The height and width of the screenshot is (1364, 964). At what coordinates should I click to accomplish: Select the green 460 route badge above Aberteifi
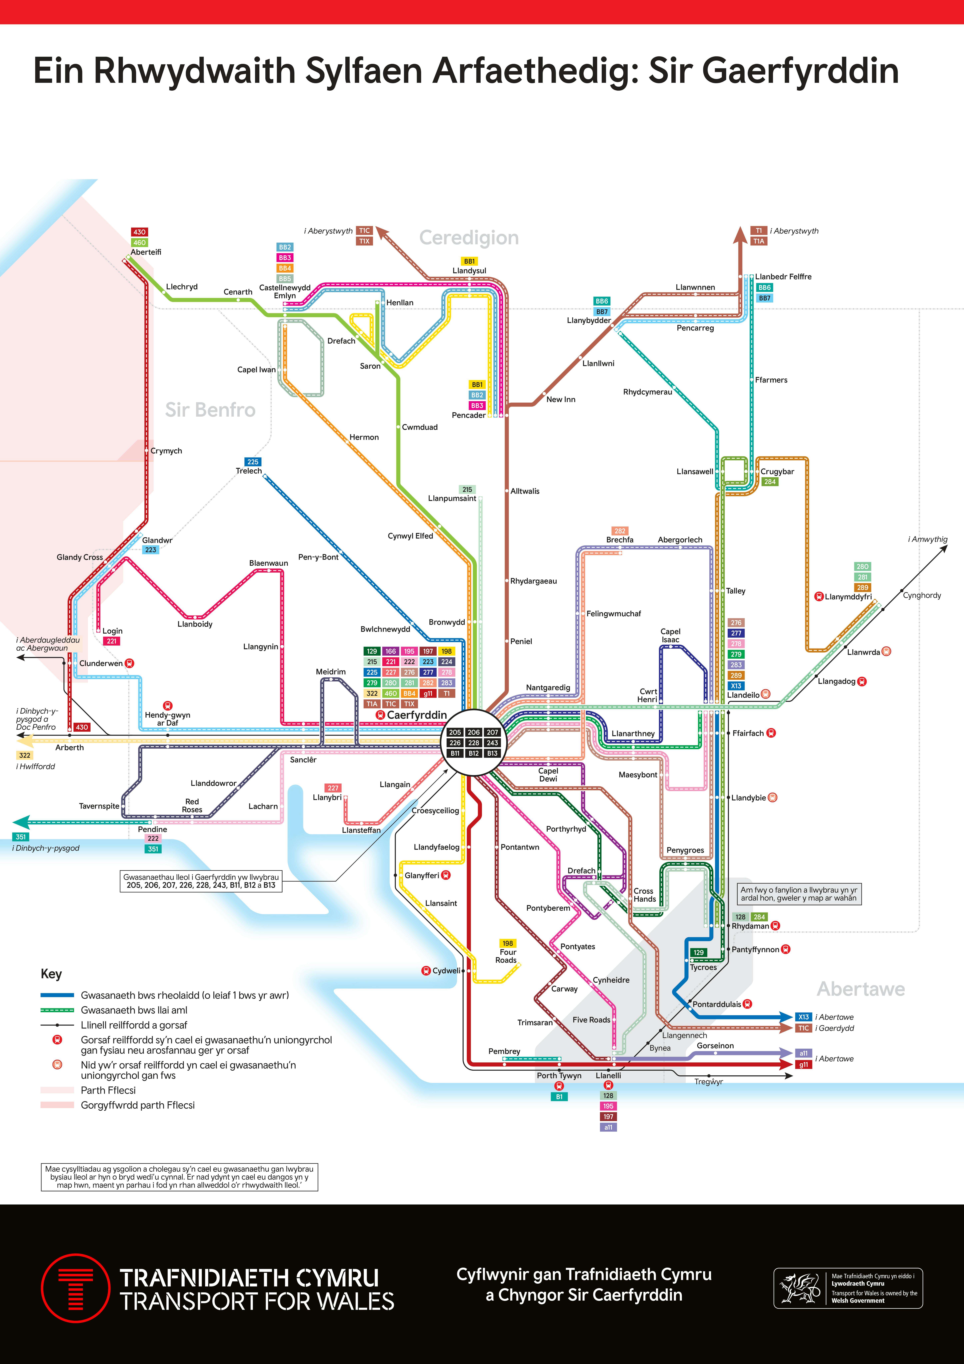(140, 242)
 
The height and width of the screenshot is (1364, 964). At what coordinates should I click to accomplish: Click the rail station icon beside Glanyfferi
(446, 875)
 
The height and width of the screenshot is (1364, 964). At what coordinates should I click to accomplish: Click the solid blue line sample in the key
(57, 995)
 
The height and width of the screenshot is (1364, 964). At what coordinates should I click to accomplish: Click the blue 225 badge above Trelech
(253, 462)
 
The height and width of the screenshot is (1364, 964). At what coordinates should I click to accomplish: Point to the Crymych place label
(166, 451)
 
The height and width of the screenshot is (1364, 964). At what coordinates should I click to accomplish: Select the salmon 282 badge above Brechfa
(620, 530)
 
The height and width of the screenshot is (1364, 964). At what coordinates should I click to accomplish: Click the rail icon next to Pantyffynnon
(786, 949)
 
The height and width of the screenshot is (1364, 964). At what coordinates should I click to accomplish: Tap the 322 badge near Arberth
(24, 755)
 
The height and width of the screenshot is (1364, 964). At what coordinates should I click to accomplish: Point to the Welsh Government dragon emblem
(799, 1288)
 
